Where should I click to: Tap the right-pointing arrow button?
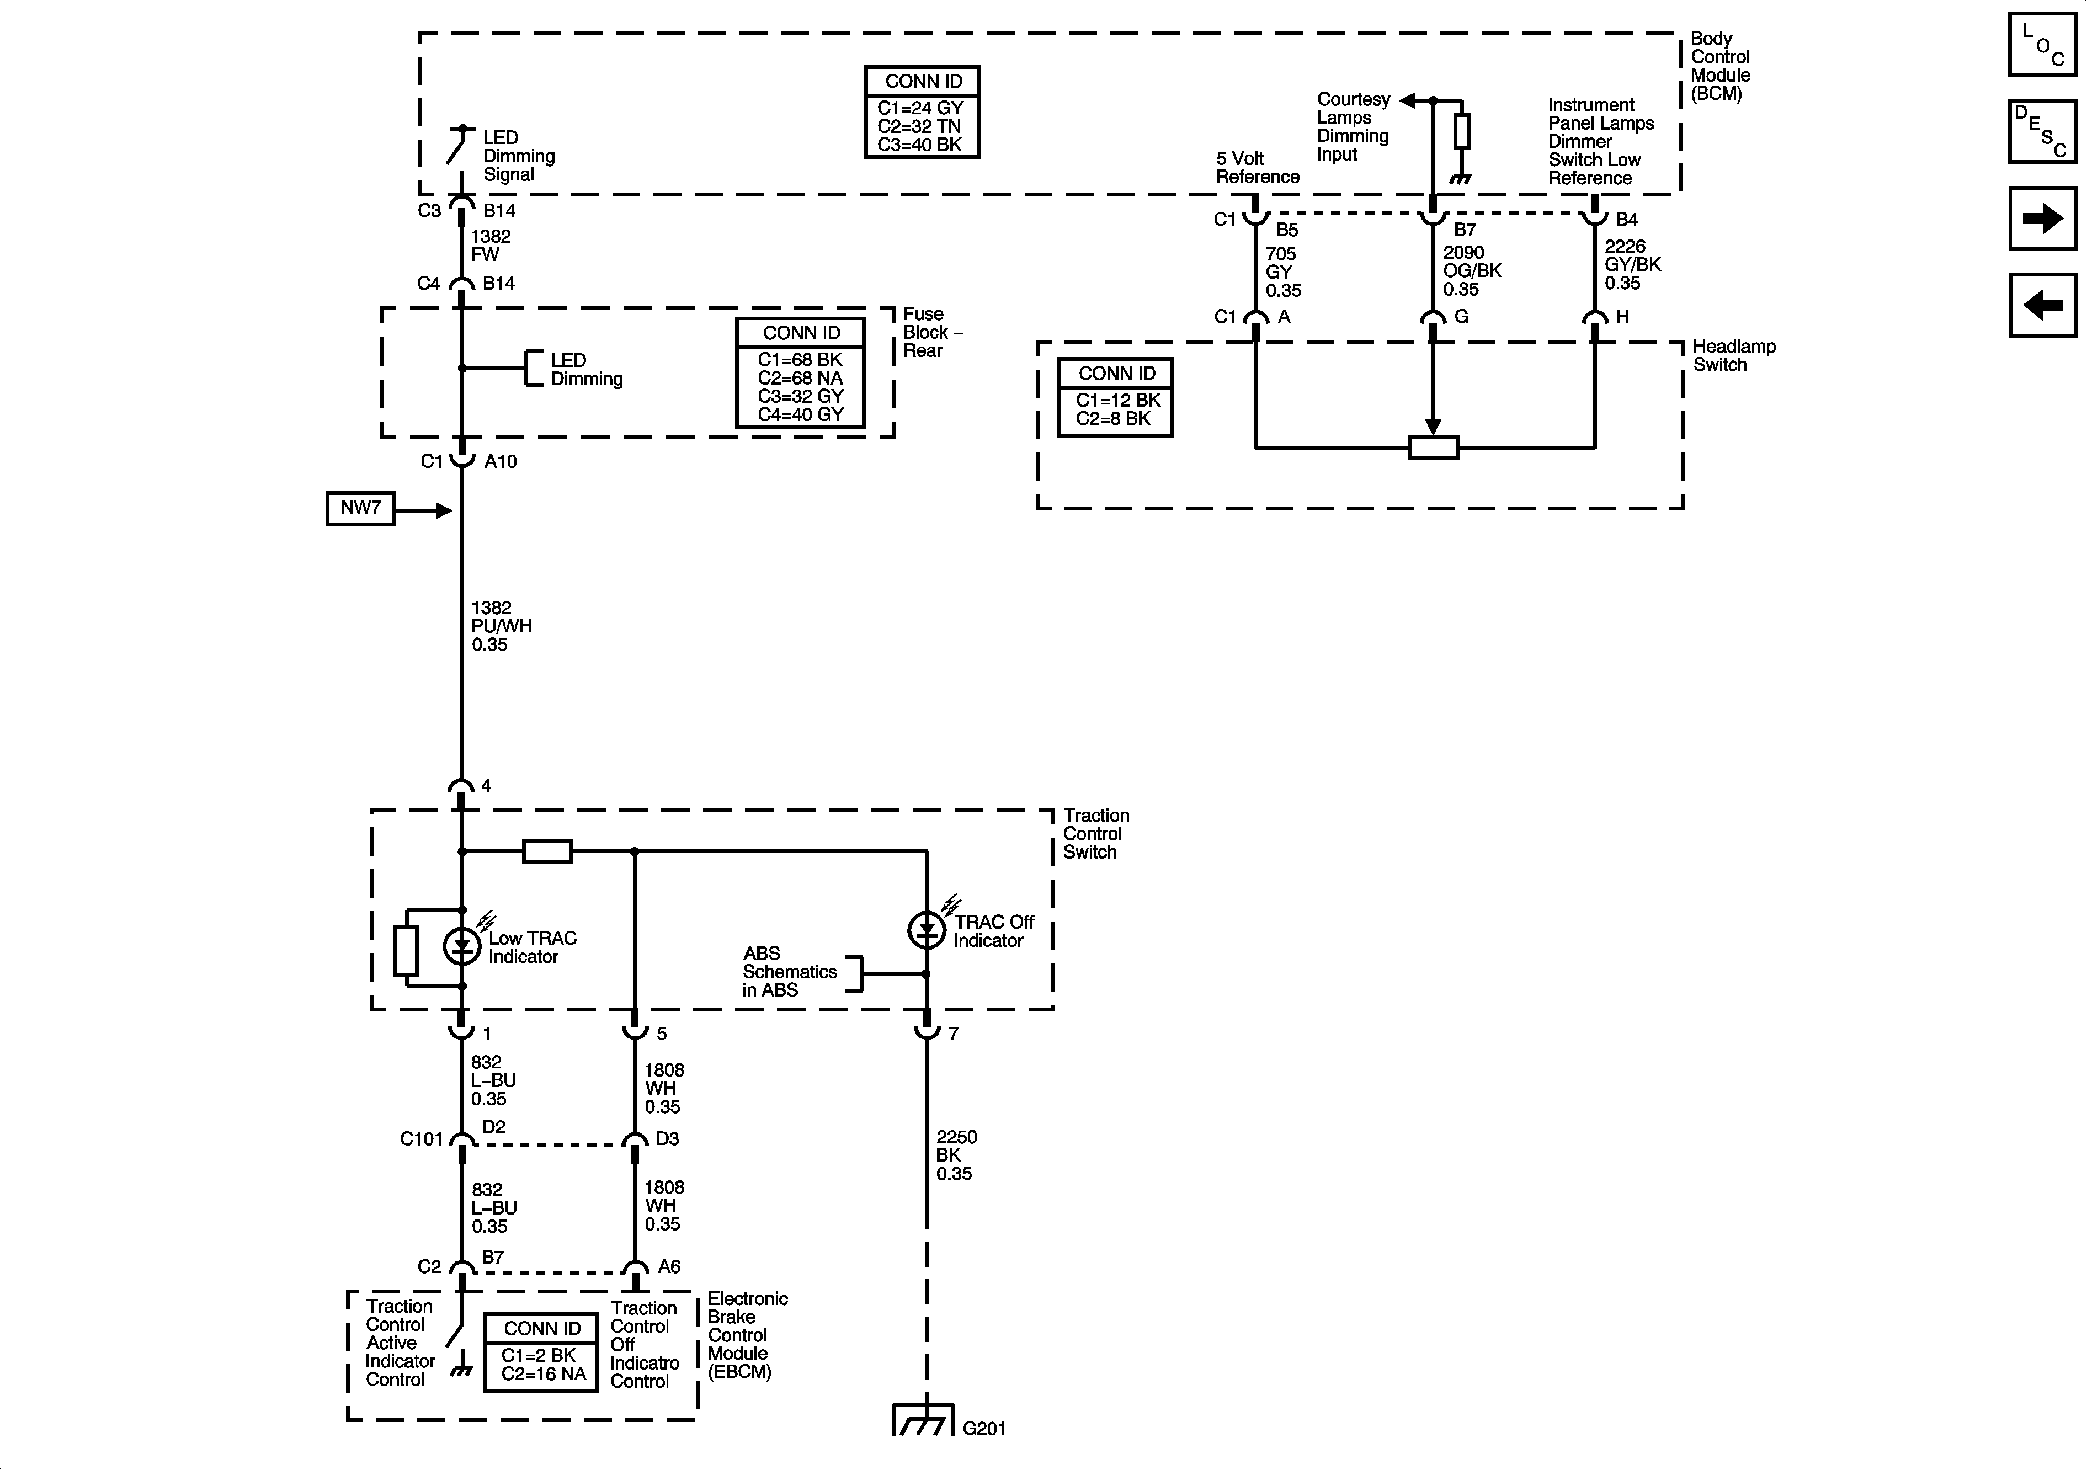pos(2042,218)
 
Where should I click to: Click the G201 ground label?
pos(983,1428)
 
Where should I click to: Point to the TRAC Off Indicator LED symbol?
pos(927,929)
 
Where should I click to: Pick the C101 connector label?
pos(421,1139)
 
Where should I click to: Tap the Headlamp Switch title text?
pos(1733,355)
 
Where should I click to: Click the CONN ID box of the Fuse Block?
pos(800,372)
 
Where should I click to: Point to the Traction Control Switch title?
pos(1095,834)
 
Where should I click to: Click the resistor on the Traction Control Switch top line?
pos(547,852)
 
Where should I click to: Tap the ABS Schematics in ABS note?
pos(789,971)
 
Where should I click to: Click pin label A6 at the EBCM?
pos(668,1266)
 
